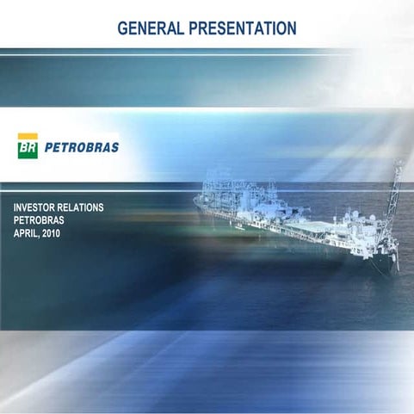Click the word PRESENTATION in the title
tap(242, 28)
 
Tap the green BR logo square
tap(28, 150)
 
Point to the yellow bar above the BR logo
tap(28, 136)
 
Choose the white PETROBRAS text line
tap(39, 220)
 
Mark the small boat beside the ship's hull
tap(237, 227)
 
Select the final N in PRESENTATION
tap(292, 28)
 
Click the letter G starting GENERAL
tap(122, 28)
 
